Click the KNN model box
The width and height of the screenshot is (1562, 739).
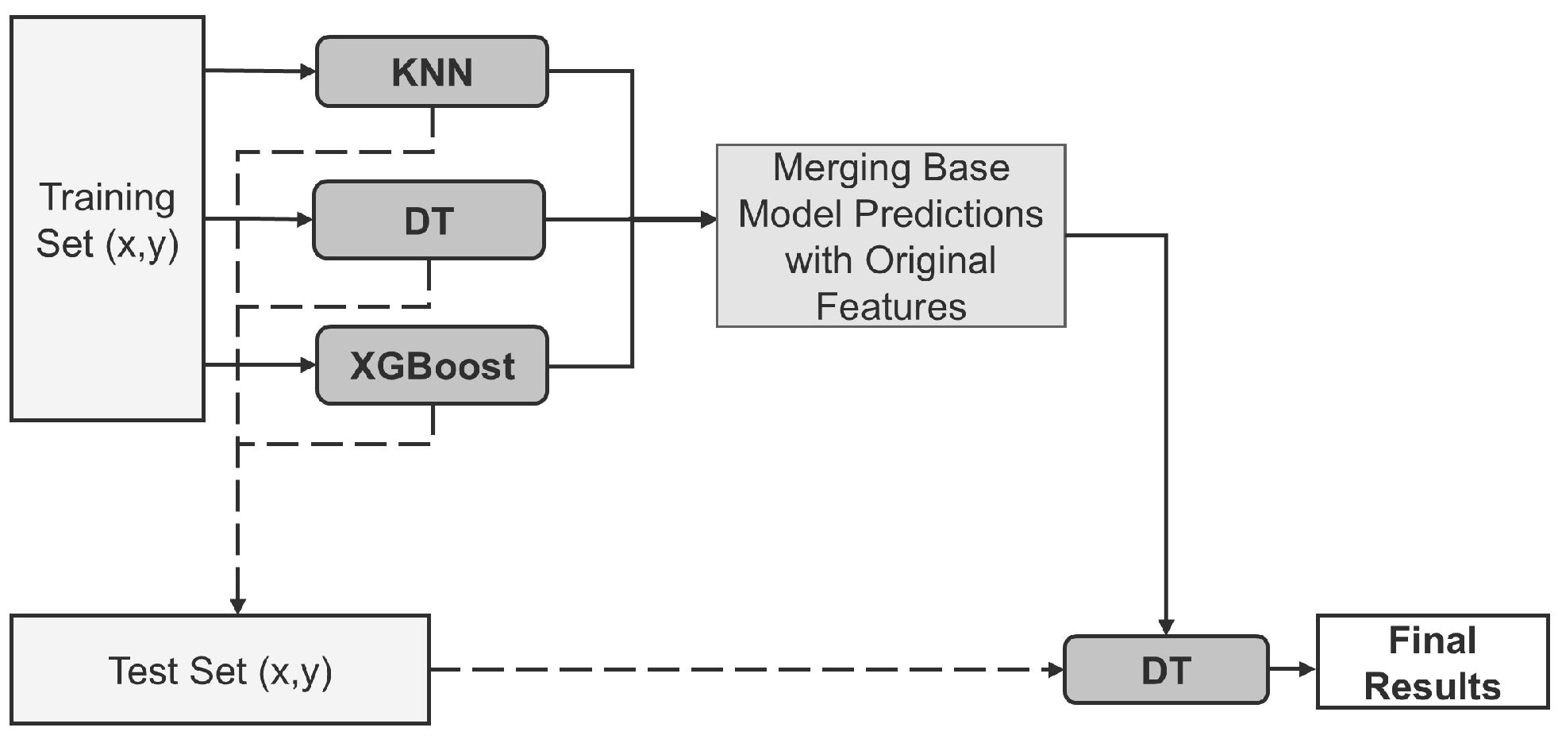pos(432,72)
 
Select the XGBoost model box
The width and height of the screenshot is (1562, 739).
pos(432,366)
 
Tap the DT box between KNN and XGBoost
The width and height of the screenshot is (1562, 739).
pos(429,221)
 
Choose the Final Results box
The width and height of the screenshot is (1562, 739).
pos(1432,662)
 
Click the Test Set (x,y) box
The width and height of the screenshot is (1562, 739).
pos(220,671)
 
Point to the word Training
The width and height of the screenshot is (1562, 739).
pos(107,197)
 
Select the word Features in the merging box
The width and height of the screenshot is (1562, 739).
pos(891,307)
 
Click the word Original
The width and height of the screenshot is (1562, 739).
pos(930,260)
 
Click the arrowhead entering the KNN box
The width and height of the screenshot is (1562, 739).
pos(308,72)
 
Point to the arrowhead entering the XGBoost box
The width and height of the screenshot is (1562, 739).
pos(308,366)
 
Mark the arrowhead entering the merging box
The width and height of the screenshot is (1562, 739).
pos(708,220)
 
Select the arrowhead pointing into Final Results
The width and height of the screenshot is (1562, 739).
pos(1307,669)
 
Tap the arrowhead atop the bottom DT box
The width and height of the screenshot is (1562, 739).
pos(1165,627)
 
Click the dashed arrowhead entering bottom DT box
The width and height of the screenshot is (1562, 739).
pos(1055,670)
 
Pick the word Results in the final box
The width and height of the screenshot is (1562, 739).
pos(1432,687)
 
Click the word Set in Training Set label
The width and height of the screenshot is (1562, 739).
pos(65,244)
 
